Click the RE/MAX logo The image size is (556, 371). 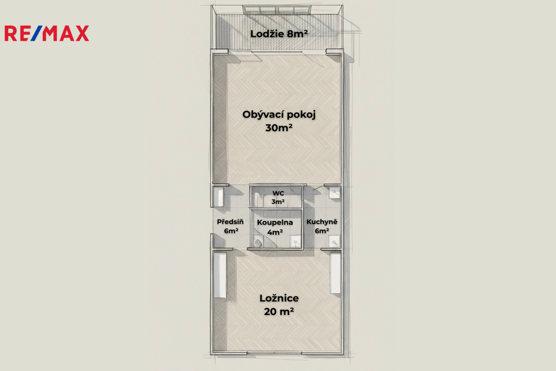47,33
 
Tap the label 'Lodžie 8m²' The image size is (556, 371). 279,34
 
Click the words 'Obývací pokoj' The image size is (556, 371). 279,115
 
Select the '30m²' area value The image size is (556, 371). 279,128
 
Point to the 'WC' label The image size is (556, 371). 278,193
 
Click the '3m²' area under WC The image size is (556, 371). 278,201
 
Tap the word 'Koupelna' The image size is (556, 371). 275,222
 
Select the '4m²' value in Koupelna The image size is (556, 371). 275,232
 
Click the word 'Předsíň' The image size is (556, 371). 230,222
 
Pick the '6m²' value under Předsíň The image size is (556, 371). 231,231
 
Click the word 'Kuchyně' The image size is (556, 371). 321,222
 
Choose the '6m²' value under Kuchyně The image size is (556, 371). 321,231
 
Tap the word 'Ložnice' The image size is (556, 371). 279,298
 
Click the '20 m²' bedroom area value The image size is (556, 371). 279,311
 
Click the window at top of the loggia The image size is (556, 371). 277,10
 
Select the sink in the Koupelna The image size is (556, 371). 295,242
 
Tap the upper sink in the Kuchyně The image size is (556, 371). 334,193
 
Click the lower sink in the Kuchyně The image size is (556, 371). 334,242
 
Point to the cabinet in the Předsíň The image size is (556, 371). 218,196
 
